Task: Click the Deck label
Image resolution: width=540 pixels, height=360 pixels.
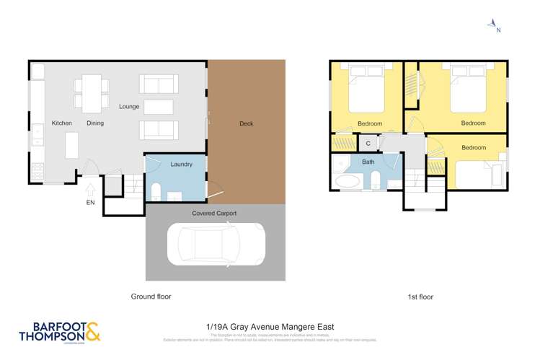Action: coord(247,123)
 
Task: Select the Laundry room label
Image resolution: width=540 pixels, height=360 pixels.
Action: coord(182,164)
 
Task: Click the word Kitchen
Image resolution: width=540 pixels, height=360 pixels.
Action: coord(62,123)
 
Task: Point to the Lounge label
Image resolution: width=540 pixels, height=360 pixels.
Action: coord(129,107)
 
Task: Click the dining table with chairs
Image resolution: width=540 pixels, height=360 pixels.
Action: coord(92,94)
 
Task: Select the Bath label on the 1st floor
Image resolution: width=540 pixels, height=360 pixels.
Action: coord(368,162)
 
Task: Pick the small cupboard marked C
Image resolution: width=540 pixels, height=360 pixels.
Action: coord(368,143)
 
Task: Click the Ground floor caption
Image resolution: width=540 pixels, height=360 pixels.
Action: coord(151,297)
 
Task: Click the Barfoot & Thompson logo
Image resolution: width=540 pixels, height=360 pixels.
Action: coord(60,331)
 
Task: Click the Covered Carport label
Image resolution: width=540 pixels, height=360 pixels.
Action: coord(214,214)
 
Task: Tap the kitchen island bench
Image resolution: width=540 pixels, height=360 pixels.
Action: coord(72,145)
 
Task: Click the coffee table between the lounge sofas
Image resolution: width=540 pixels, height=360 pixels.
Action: coord(159,107)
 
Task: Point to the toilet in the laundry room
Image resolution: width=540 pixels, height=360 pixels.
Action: coord(156,190)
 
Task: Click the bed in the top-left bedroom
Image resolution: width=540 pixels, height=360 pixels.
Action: coord(366,92)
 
